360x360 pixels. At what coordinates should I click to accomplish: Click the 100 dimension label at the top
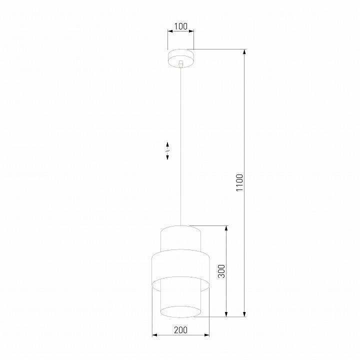click(x=180, y=25)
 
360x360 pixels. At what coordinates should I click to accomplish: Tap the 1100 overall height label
click(x=239, y=183)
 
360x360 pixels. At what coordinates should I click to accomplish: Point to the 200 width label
click(x=181, y=329)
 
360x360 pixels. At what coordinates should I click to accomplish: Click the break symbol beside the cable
click(x=167, y=150)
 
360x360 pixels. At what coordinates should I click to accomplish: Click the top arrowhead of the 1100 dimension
click(x=245, y=51)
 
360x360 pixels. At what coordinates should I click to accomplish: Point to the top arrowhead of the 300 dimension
click(x=227, y=228)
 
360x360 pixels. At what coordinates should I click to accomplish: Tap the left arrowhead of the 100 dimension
click(x=170, y=31)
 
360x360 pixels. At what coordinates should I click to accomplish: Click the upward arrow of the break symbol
click(x=167, y=144)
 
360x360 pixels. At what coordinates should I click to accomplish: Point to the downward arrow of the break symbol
click(x=167, y=157)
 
